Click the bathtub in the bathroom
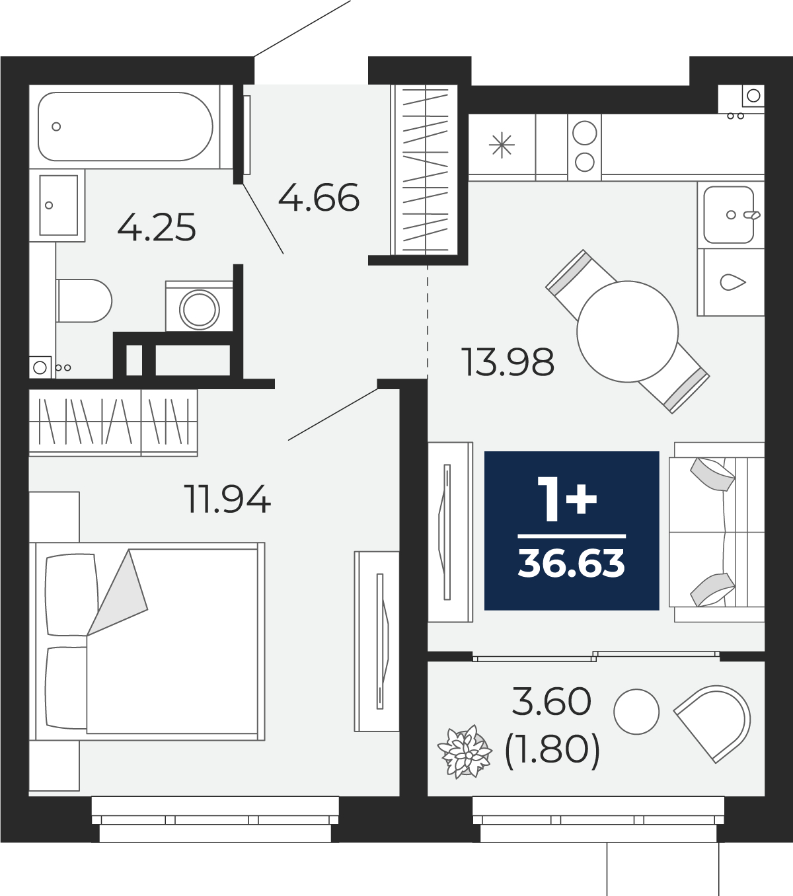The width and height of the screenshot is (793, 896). (x=125, y=126)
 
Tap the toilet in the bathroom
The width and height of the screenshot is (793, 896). (x=84, y=301)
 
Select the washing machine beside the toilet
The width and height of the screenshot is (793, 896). (x=199, y=306)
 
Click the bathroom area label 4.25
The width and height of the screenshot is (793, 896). (x=157, y=227)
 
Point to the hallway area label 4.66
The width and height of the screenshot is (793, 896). (x=319, y=198)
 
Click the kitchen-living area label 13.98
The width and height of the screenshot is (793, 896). (x=508, y=362)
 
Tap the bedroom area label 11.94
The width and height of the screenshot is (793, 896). (x=227, y=499)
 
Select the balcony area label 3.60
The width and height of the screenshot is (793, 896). (x=552, y=702)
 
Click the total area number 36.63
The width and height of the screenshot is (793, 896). (x=572, y=564)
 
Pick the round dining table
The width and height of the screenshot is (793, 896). (x=628, y=331)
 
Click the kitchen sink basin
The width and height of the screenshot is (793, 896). (x=728, y=215)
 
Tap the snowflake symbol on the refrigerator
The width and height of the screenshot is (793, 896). (x=502, y=145)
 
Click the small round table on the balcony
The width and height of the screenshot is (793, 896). (x=636, y=712)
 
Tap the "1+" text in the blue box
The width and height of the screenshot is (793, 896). (x=567, y=500)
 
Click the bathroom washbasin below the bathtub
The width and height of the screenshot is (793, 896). (x=58, y=205)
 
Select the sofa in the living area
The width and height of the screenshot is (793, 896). (x=716, y=532)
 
